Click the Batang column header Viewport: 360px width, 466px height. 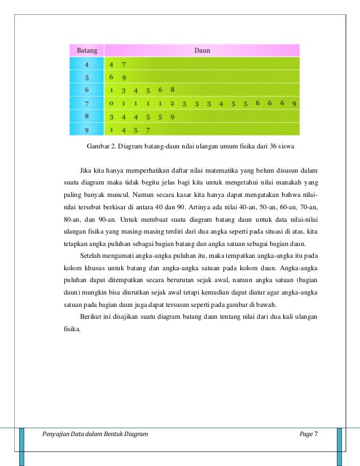click(86, 50)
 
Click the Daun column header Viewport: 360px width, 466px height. click(202, 50)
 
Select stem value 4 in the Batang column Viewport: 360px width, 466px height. click(86, 64)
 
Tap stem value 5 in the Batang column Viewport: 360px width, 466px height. click(86, 77)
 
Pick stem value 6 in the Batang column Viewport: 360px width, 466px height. click(86, 90)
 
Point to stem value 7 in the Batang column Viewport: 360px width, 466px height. click(86, 103)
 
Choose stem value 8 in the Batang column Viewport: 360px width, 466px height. click(86, 117)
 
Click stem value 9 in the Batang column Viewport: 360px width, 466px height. click(86, 130)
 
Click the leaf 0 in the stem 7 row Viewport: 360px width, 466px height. click(112, 104)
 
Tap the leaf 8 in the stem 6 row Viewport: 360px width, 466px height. click(172, 90)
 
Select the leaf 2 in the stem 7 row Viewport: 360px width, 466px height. click(172, 104)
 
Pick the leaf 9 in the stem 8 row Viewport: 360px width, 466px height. click(172, 117)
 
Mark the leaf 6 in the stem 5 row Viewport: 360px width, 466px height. click(112, 77)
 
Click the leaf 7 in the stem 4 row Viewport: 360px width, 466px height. click(124, 64)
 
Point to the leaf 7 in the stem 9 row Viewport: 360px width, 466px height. click(148, 130)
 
